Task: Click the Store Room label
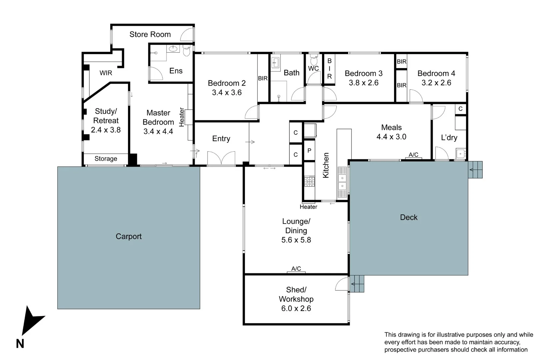[x=150, y=34]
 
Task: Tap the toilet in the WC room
[x=314, y=60]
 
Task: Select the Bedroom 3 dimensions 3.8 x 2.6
[x=364, y=83]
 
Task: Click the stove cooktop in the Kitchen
[x=310, y=181]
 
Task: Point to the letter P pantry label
[x=309, y=151]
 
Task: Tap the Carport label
[x=128, y=236]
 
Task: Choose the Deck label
[x=409, y=217]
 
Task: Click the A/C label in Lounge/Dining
[x=296, y=268]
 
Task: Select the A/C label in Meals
[x=413, y=155]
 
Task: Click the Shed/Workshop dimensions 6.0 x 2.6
[x=296, y=308]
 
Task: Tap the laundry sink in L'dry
[x=460, y=154]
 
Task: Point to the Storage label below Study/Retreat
[x=106, y=159]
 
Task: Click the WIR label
[x=106, y=73]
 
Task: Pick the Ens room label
[x=176, y=71]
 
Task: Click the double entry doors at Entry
[x=221, y=158]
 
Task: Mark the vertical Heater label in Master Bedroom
[x=182, y=117]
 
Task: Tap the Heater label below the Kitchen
[x=308, y=207]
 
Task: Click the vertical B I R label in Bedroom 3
[x=329, y=69]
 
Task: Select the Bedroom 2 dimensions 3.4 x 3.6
[x=227, y=93]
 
